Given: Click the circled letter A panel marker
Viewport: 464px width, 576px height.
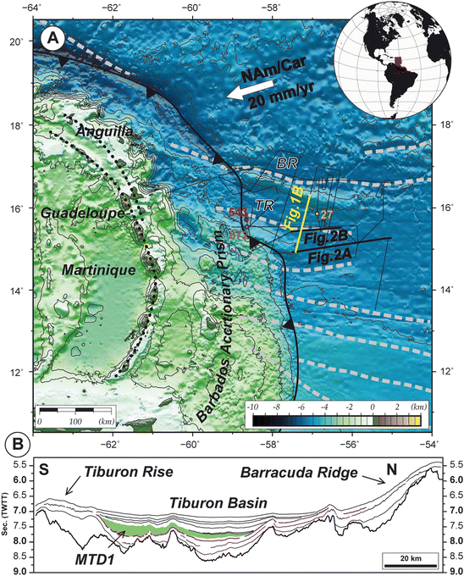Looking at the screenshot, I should [56, 39].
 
